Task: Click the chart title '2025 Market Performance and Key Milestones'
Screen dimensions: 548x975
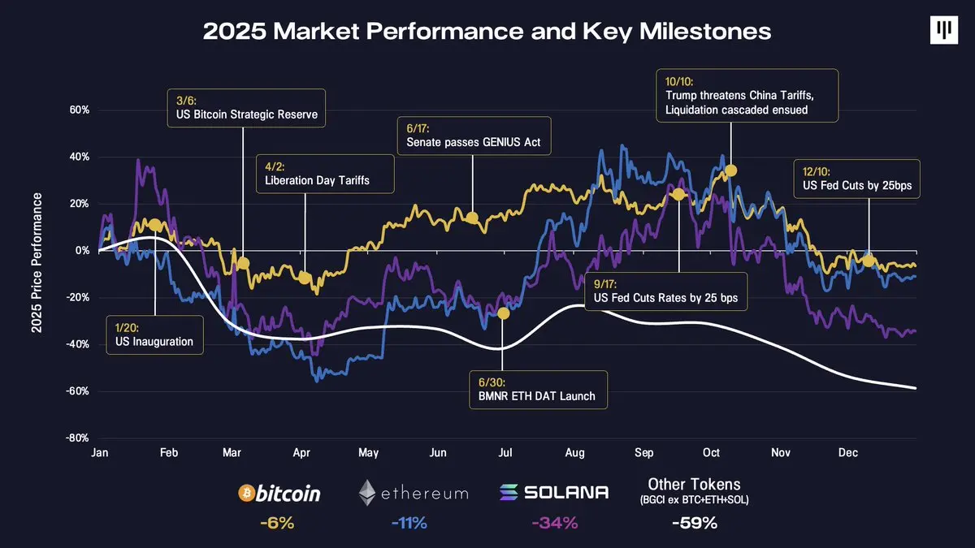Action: (487, 32)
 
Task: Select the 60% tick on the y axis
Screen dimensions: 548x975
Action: (77, 110)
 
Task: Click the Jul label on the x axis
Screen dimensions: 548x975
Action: (505, 453)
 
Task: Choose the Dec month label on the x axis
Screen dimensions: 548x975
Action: (848, 453)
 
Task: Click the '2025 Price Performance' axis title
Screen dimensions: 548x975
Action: (37, 263)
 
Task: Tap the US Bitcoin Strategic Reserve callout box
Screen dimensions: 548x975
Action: (246, 108)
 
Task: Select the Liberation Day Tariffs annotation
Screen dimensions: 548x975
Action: (326, 173)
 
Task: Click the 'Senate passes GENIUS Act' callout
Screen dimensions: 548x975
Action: (474, 136)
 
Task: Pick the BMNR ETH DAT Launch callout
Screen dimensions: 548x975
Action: (537, 389)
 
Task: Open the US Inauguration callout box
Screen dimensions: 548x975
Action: (154, 334)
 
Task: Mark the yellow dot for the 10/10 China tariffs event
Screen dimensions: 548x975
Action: (730, 170)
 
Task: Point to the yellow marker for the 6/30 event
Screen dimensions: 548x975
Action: (504, 313)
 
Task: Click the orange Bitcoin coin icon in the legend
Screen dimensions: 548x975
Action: (247, 493)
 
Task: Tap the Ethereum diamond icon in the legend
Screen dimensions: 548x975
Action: (368, 493)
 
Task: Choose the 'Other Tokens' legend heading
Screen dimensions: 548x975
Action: (694, 485)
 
